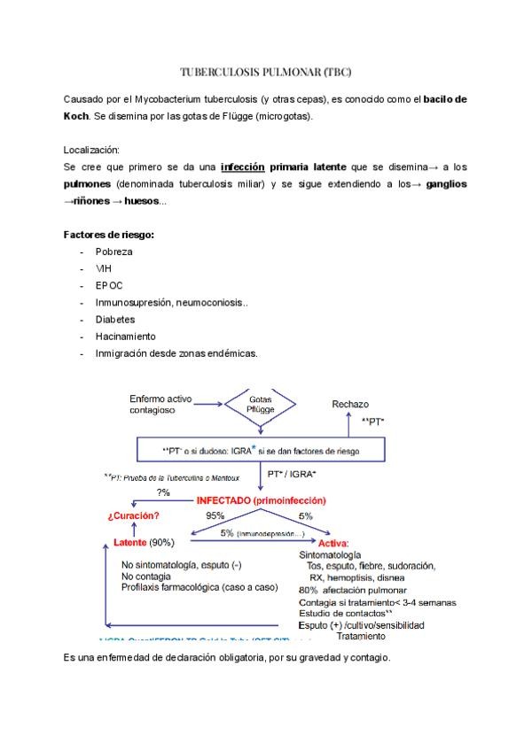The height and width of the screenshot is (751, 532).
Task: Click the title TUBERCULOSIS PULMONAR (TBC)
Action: [x=266, y=72]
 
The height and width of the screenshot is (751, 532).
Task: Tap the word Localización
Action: [x=92, y=149]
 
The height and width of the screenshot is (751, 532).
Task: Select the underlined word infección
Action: [x=243, y=166]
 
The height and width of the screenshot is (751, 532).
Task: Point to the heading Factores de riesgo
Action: [x=109, y=235]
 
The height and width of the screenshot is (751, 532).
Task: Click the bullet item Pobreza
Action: [x=114, y=252]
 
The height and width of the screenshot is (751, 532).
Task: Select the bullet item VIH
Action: [x=104, y=268]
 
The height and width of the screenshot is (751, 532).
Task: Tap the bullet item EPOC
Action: [x=109, y=285]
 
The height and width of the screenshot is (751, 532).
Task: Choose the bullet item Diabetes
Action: [x=115, y=319]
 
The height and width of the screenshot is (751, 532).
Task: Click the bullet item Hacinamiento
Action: [x=125, y=336]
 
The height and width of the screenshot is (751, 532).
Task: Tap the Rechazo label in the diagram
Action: [x=350, y=404]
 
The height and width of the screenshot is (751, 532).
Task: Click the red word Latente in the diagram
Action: [x=130, y=541]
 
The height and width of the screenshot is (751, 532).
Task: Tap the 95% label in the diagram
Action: [x=215, y=515]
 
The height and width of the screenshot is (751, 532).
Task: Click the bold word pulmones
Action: [x=88, y=183]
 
